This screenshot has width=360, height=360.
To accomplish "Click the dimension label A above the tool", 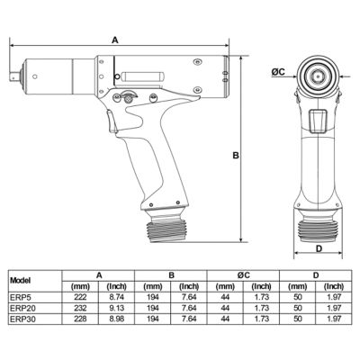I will tap(116, 40).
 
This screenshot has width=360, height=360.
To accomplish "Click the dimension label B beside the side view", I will tap(234, 155).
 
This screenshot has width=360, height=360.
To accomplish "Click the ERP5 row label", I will tap(19, 295).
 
